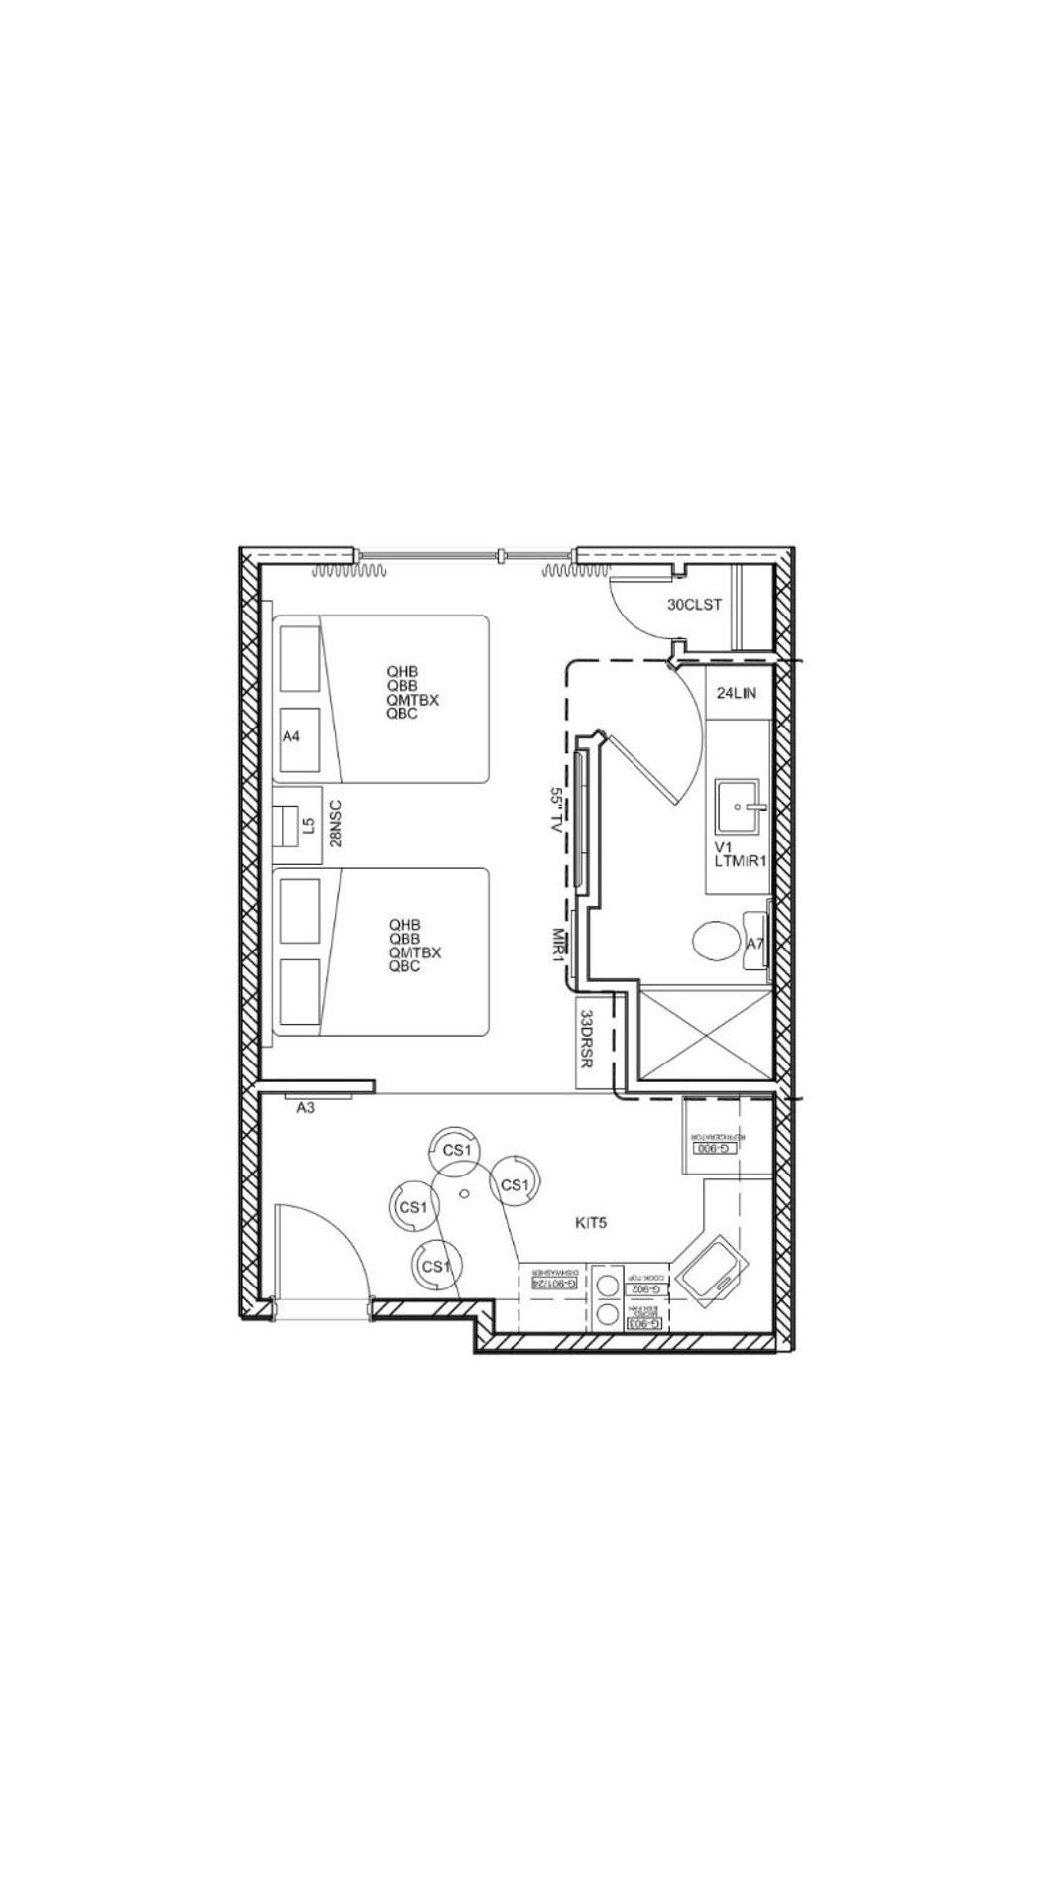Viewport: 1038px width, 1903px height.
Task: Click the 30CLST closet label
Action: click(x=694, y=605)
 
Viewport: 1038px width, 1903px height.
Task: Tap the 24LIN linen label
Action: click(x=736, y=693)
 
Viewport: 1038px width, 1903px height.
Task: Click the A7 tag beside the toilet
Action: click(x=755, y=944)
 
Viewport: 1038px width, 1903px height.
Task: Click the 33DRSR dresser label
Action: click(x=587, y=1039)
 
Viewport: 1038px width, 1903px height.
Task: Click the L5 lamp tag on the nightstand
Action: click(x=308, y=824)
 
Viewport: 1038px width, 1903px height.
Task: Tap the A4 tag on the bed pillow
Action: click(x=291, y=736)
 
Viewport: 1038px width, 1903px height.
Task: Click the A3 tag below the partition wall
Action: click(x=305, y=1108)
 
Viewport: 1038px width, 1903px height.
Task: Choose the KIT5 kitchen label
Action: click(x=591, y=1223)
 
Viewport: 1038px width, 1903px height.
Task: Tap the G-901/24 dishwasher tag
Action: click(x=555, y=1283)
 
